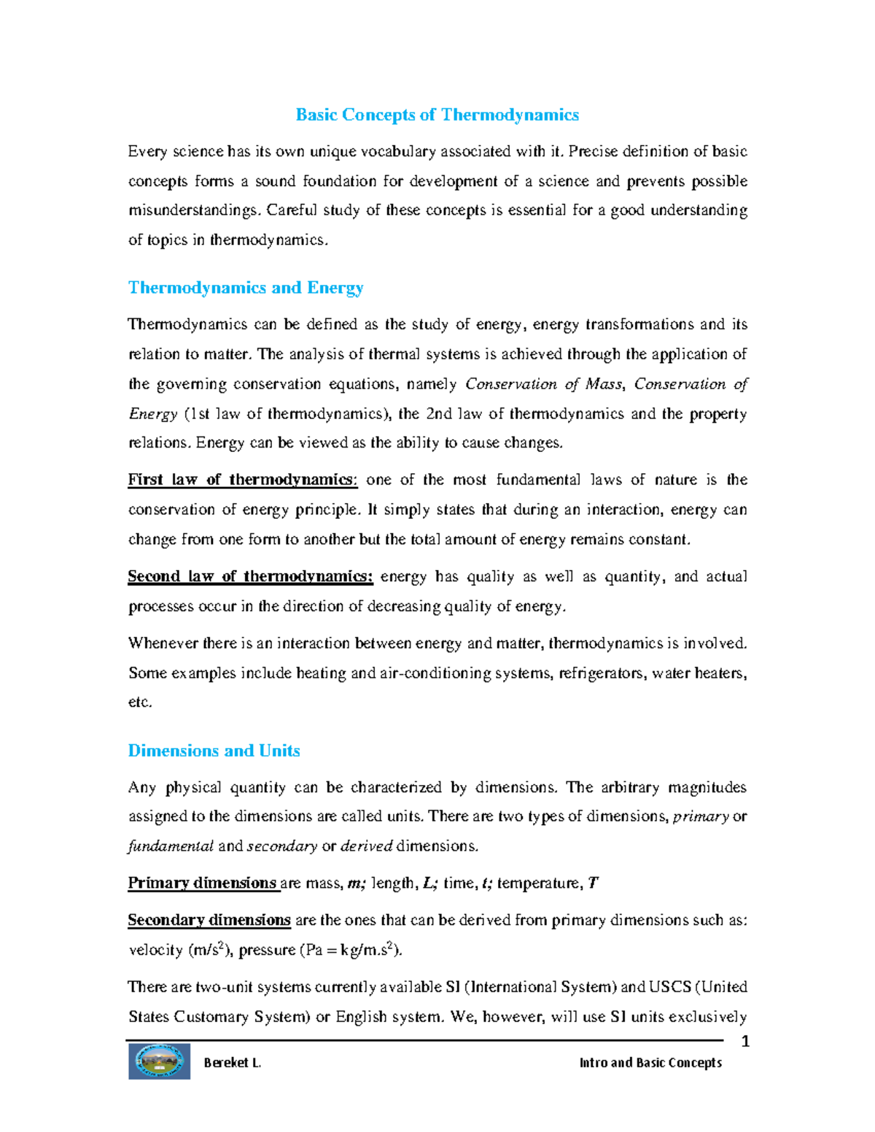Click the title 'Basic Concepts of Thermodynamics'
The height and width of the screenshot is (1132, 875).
(x=437, y=115)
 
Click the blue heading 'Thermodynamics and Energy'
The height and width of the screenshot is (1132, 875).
(x=246, y=288)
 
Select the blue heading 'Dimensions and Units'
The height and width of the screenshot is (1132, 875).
(x=214, y=751)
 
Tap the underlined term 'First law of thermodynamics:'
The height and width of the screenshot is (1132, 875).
(x=243, y=480)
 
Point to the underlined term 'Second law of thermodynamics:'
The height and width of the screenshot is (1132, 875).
(x=250, y=577)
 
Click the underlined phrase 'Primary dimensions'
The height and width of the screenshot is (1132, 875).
(x=203, y=883)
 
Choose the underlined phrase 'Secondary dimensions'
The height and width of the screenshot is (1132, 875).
(x=209, y=920)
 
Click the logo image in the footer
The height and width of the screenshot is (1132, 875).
(x=160, y=1061)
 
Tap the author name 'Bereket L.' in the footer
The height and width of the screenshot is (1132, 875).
(x=233, y=1063)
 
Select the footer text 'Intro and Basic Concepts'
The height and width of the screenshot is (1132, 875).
(x=650, y=1063)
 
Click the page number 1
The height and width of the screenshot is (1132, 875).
(x=745, y=1042)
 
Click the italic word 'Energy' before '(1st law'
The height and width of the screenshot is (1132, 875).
(x=153, y=414)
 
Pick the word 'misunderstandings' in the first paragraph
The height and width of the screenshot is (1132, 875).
(x=193, y=211)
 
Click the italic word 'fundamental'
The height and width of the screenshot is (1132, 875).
(x=171, y=846)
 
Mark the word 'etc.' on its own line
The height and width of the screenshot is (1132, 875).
(x=140, y=703)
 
